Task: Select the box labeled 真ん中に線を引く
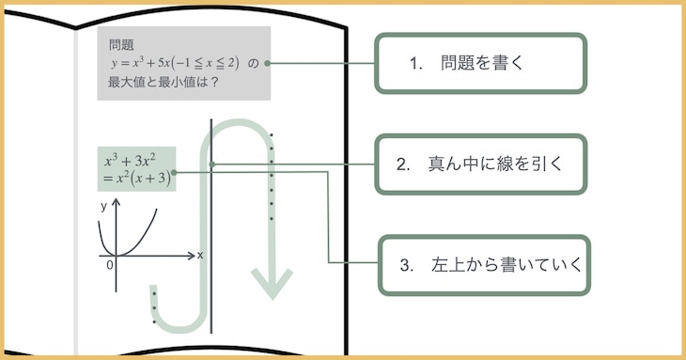[481, 164]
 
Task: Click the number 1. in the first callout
[417, 64]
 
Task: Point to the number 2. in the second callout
[404, 164]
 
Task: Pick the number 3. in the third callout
[407, 265]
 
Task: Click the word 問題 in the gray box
[121, 44]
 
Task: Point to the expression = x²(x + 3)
[136, 178]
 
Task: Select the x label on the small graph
[200, 255]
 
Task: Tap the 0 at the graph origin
[110, 265]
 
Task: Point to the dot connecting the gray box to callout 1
[268, 63]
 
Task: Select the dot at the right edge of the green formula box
[174, 172]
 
